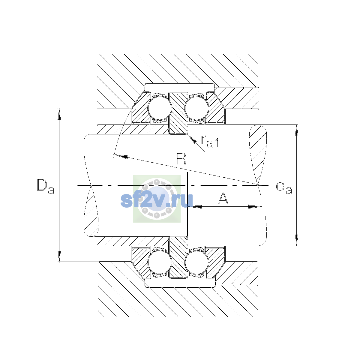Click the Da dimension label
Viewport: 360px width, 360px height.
(46, 187)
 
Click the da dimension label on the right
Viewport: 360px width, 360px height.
(284, 187)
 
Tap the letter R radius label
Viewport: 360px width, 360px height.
(181, 159)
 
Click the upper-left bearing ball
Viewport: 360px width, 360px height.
(160, 108)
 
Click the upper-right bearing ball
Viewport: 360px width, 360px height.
(196, 108)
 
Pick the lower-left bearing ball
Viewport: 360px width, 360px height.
(160, 262)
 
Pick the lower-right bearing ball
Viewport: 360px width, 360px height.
(196, 262)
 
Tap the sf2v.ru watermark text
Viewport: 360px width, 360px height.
(157, 200)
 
